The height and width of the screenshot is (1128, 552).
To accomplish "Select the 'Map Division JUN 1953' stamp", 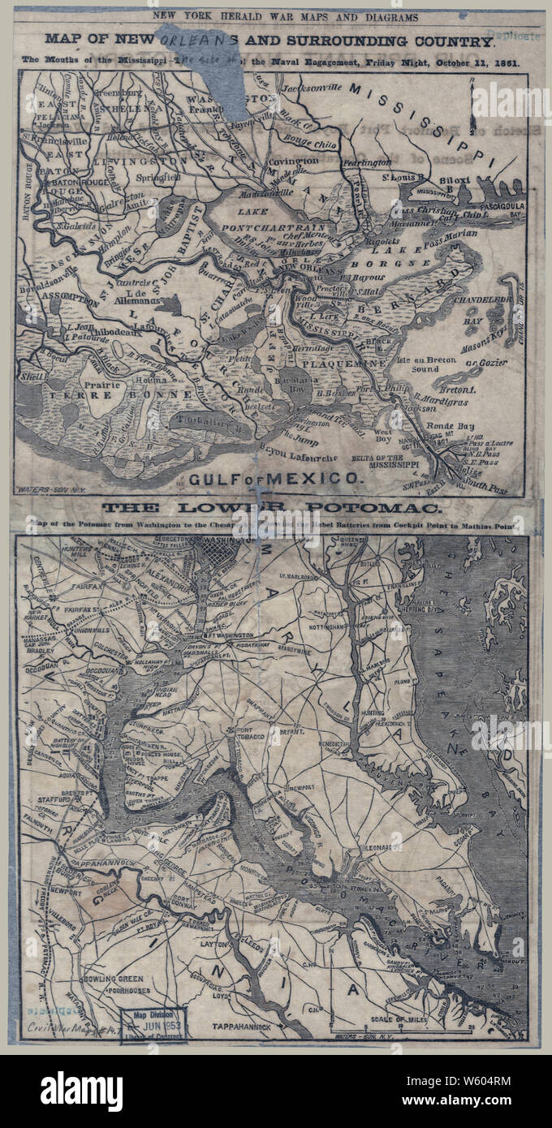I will (x=154, y=1024).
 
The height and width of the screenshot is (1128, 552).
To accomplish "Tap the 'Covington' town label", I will (x=294, y=161).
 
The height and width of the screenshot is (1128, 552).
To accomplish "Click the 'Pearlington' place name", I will (x=368, y=163).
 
